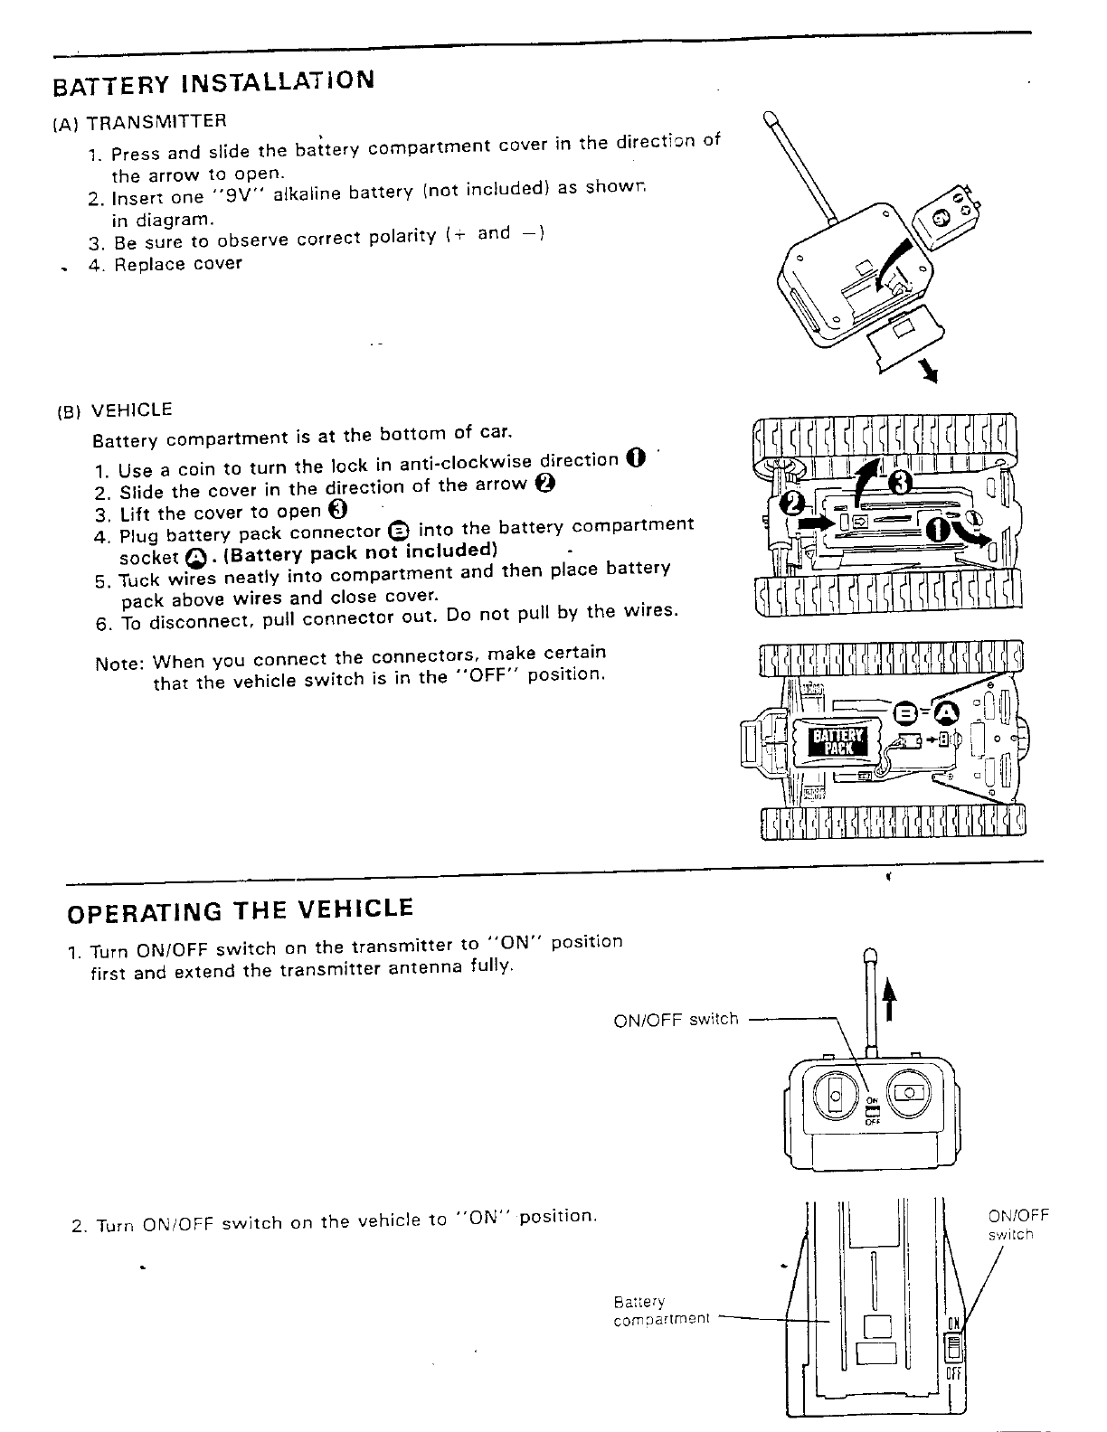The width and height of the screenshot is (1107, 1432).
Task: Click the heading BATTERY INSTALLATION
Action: (x=213, y=81)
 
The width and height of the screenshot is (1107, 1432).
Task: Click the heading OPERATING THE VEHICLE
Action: (x=241, y=909)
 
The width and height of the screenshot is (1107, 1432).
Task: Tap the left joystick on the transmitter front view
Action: (x=835, y=1095)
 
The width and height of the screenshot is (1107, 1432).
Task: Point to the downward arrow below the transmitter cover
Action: (x=924, y=372)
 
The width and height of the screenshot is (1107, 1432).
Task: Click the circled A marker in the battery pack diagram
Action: (x=945, y=714)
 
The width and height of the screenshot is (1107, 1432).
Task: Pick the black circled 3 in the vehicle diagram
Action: (x=898, y=484)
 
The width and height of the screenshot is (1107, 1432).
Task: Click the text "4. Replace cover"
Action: (x=166, y=264)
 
